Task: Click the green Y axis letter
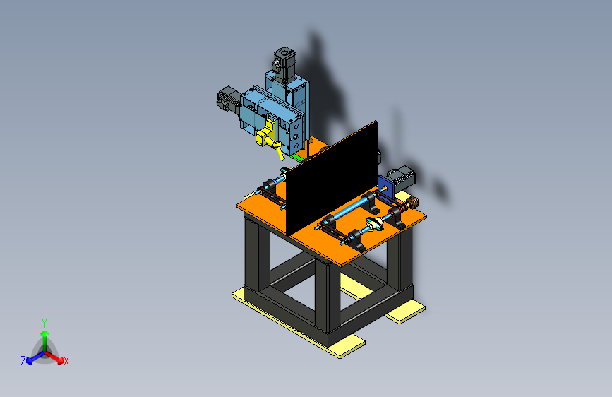pyautogui.click(x=44, y=324)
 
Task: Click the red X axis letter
pyautogui.click(x=66, y=361)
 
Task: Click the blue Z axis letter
pyautogui.click(x=23, y=361)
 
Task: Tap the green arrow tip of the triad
pyautogui.click(x=45, y=333)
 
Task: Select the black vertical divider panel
pyautogui.click(x=332, y=178)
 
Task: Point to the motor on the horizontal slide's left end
pyautogui.click(x=229, y=100)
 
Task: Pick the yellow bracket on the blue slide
pyautogui.click(x=268, y=137)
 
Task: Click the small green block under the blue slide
pyautogui.click(x=297, y=158)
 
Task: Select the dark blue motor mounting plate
pyautogui.click(x=386, y=188)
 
